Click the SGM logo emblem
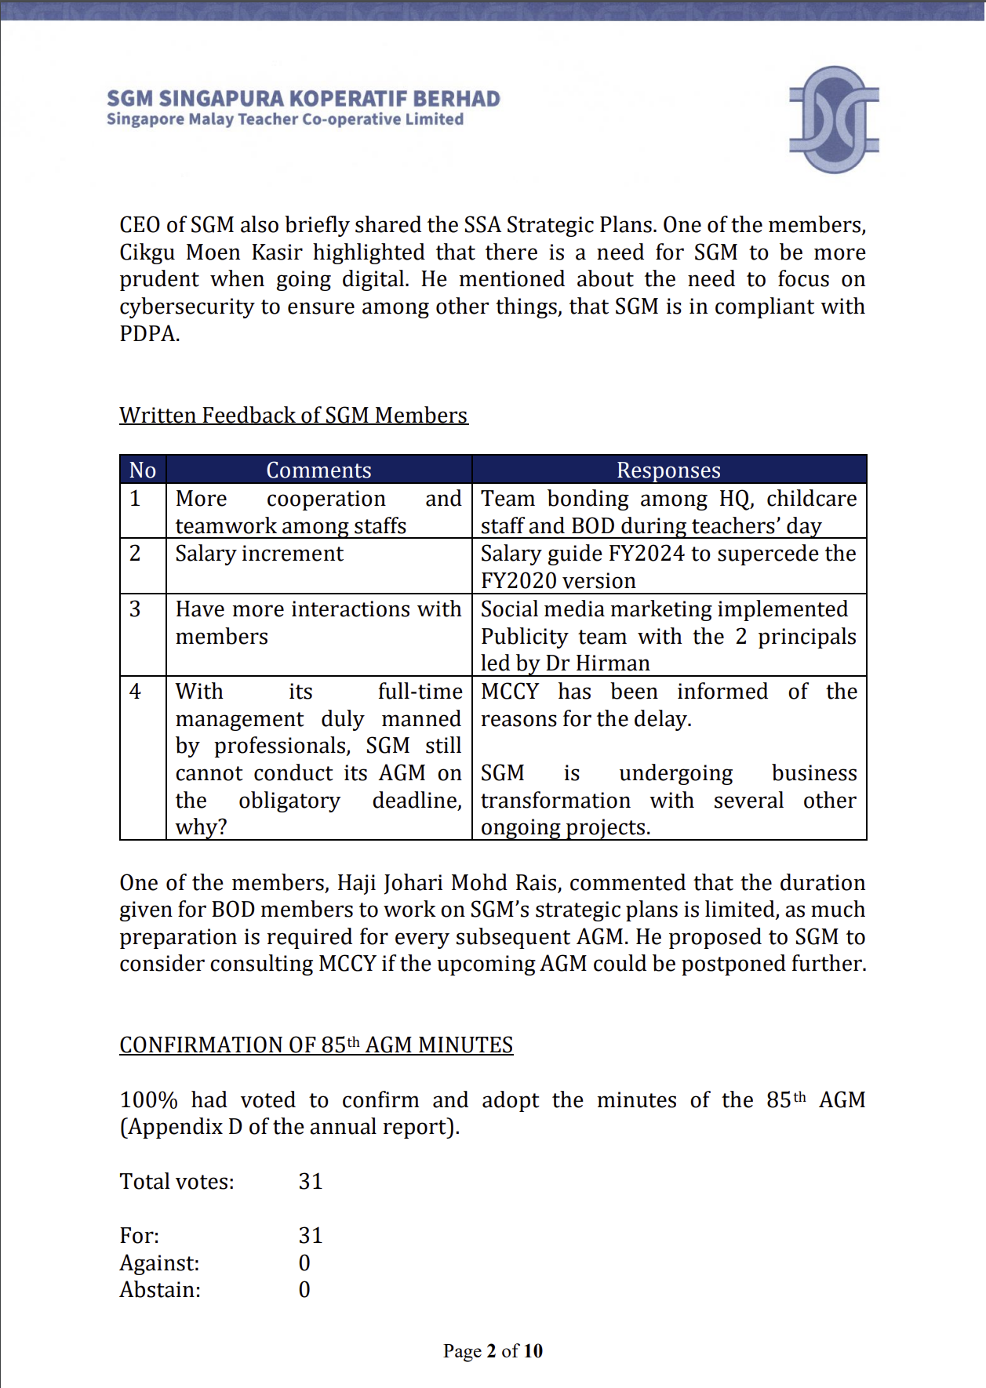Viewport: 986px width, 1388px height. [x=833, y=119]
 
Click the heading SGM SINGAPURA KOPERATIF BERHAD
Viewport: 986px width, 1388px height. [x=303, y=99]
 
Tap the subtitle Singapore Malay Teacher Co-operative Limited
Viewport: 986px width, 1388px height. [x=285, y=119]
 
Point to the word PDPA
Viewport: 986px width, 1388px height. [x=149, y=334]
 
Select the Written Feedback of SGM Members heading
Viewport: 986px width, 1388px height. [x=293, y=415]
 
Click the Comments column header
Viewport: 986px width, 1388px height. [x=318, y=470]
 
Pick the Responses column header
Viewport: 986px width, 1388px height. [x=668, y=470]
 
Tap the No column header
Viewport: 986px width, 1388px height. [x=142, y=470]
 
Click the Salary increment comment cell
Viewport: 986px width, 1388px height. [x=259, y=554]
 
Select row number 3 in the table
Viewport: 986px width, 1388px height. [x=135, y=609]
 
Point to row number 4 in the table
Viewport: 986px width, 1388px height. [x=135, y=692]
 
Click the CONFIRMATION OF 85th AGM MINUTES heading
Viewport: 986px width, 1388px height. [x=316, y=1045]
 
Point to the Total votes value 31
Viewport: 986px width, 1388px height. [x=311, y=1182]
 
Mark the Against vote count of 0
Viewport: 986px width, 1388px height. [x=304, y=1263]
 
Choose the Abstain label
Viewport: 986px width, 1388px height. [x=160, y=1290]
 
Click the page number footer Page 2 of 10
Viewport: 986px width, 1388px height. [x=493, y=1351]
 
